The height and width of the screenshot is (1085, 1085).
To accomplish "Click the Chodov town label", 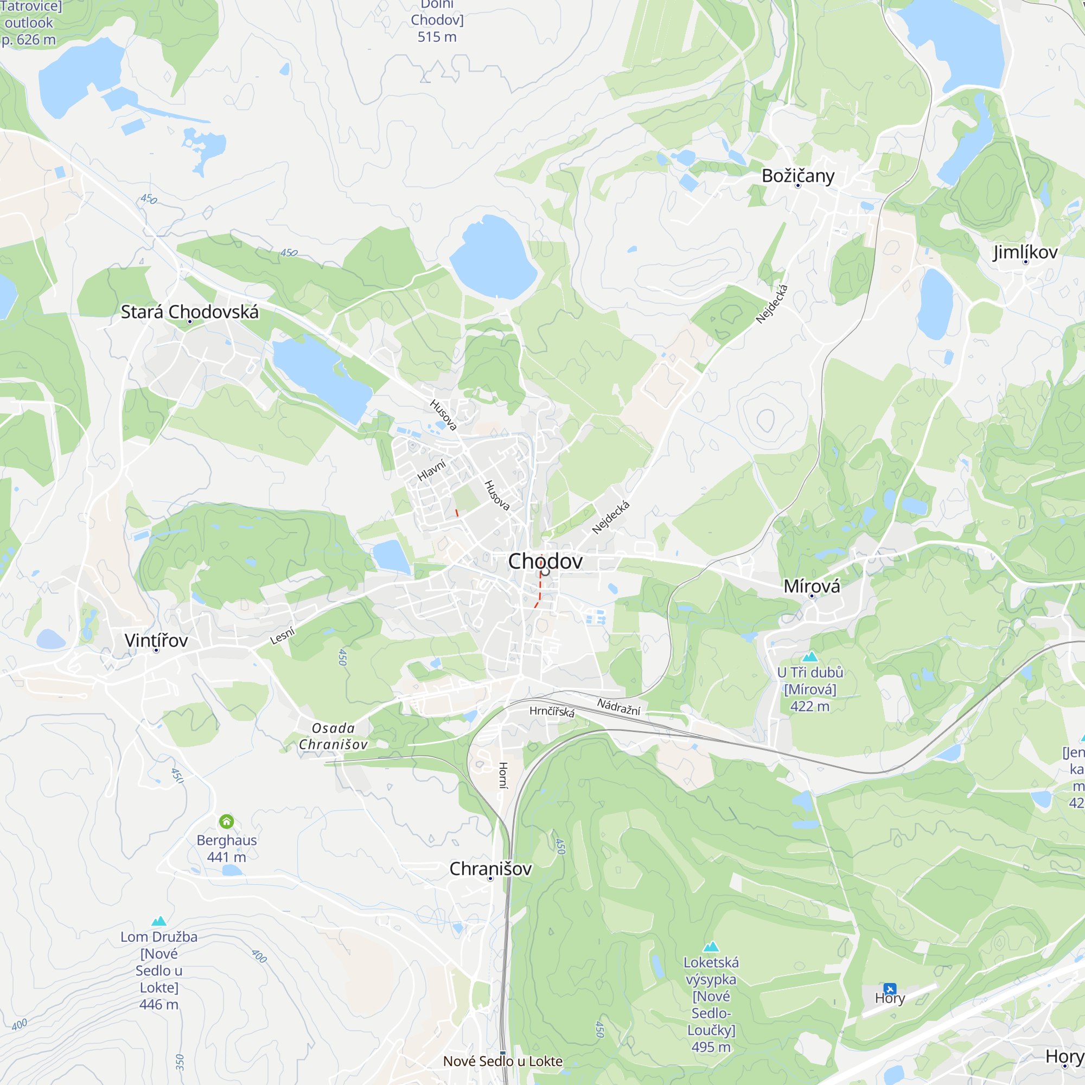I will click(x=545, y=561).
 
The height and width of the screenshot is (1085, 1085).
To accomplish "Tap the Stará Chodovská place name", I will click(x=190, y=312).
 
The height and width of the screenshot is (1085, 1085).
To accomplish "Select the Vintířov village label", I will click(x=156, y=640).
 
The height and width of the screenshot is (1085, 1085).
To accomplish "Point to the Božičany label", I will click(x=797, y=176).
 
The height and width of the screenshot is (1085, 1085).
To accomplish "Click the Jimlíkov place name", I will click(x=1025, y=252).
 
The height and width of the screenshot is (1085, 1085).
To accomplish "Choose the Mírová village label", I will click(x=812, y=586).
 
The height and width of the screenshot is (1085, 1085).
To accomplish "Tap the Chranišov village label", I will click(x=490, y=869).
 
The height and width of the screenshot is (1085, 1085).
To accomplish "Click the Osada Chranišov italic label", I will click(x=333, y=736).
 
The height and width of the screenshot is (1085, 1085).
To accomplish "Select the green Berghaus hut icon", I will click(x=226, y=821).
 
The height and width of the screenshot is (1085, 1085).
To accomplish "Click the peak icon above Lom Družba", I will click(x=159, y=921).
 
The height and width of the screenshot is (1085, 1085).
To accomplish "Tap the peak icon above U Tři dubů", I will click(x=810, y=656).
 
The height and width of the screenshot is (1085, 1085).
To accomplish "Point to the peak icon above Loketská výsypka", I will click(x=711, y=947).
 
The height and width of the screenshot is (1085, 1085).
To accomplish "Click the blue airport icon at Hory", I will click(x=890, y=988).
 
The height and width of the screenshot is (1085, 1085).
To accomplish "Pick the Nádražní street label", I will click(x=618, y=706).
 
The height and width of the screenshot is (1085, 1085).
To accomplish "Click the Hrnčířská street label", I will click(x=552, y=712).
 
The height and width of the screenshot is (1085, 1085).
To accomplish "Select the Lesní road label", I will click(x=283, y=636).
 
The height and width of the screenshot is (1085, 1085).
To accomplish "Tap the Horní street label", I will click(x=503, y=775).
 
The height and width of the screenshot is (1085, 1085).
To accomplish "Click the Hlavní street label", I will click(x=431, y=470).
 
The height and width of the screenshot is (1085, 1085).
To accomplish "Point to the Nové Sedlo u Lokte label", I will click(x=503, y=1061).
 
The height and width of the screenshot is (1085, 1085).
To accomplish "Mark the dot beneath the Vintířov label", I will click(x=156, y=650).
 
